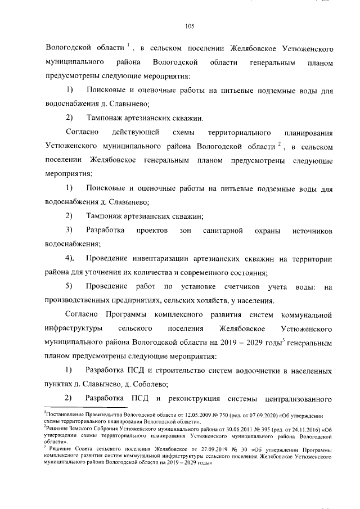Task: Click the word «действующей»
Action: [136, 133]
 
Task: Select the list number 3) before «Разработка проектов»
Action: [69, 231]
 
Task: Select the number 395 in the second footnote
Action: [248, 428]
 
